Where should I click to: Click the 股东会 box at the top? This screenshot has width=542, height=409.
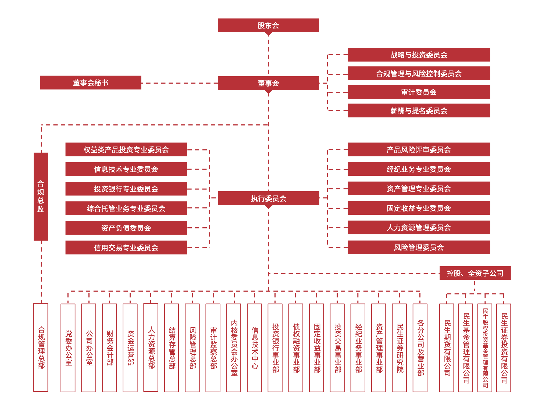[268, 26]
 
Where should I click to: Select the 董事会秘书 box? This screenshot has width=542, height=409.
[91, 82]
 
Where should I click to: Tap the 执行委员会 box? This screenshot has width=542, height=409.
[268, 198]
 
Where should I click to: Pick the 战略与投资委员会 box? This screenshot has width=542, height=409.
[419, 55]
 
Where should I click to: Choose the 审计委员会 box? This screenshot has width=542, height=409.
[419, 92]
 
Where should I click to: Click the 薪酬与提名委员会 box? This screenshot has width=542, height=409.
[419, 110]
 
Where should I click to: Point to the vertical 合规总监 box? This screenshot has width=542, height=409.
[41, 196]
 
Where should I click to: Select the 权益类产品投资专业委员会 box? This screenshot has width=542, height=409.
[126, 149]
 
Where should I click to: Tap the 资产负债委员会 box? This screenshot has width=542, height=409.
[126, 228]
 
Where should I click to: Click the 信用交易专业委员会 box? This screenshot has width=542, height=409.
[126, 247]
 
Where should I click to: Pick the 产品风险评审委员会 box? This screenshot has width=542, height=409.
[419, 149]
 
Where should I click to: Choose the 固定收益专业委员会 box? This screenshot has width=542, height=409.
[419, 208]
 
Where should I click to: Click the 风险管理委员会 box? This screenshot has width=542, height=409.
[419, 247]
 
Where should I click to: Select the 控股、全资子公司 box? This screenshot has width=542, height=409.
[475, 273]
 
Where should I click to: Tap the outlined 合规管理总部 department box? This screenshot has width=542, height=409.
[41, 347]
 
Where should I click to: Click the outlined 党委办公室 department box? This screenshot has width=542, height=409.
[68, 348]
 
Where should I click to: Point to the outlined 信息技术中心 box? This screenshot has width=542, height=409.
[254, 348]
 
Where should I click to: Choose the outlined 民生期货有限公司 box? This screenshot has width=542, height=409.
[447, 348]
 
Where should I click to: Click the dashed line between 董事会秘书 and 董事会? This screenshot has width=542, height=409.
[179, 83]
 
